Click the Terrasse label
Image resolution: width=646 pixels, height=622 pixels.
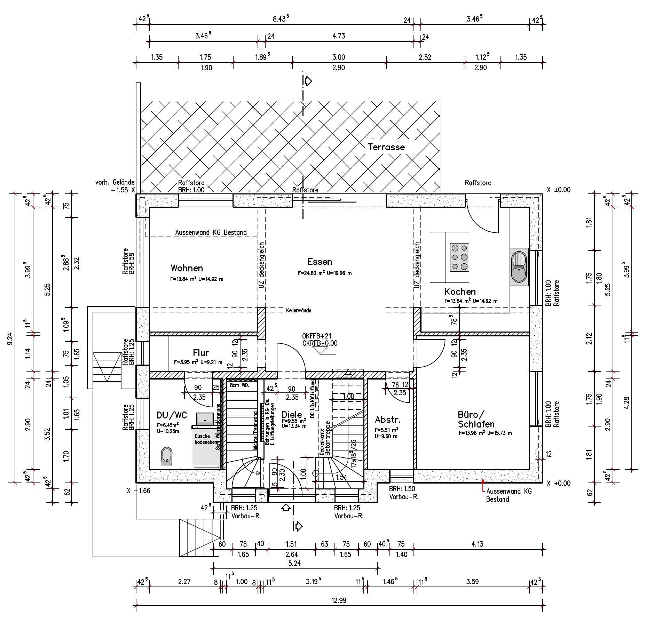(x=386, y=147)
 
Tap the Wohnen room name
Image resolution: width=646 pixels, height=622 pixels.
(x=187, y=268)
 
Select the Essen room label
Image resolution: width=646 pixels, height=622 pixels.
(x=320, y=262)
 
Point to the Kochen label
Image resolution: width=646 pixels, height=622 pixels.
(x=460, y=292)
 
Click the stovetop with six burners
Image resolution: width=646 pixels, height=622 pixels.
(x=459, y=257)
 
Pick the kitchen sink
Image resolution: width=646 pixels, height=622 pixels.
(x=519, y=267)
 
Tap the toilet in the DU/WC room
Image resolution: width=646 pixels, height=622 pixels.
(x=167, y=456)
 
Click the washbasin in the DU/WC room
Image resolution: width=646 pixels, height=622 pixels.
(x=205, y=418)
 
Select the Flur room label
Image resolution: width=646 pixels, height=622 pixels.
(x=201, y=353)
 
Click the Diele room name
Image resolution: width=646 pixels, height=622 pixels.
(x=292, y=414)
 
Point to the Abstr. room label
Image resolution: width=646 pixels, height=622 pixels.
(x=388, y=419)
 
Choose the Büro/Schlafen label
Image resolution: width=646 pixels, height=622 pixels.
(x=476, y=419)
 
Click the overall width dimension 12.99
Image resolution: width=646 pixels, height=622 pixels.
(x=339, y=600)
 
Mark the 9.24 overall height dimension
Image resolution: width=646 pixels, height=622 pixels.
(x=10, y=338)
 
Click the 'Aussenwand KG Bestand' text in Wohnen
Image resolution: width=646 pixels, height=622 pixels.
(x=211, y=232)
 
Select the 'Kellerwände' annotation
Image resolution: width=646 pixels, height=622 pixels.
(x=299, y=310)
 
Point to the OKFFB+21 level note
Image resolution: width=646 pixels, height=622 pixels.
(x=317, y=336)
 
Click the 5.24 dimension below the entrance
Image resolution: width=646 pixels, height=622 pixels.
(x=294, y=563)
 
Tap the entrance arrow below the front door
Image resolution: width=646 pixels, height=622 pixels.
(x=286, y=508)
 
